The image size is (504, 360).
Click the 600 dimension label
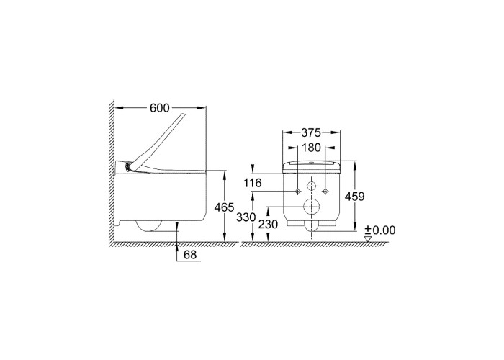(159, 108)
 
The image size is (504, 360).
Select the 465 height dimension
(225, 207)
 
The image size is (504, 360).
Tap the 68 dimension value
(190, 255)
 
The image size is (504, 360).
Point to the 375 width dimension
(311, 132)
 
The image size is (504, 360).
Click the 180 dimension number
(312, 148)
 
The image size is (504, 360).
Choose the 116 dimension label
(252, 183)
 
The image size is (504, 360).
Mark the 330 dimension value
(246, 217)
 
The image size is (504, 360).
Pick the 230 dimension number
(268, 224)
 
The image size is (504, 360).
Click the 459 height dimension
(354, 197)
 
